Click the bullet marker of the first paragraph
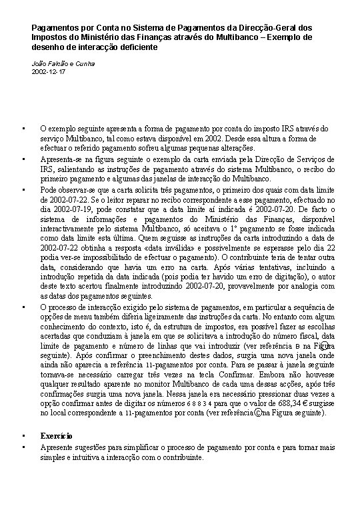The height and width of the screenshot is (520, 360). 24,129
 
